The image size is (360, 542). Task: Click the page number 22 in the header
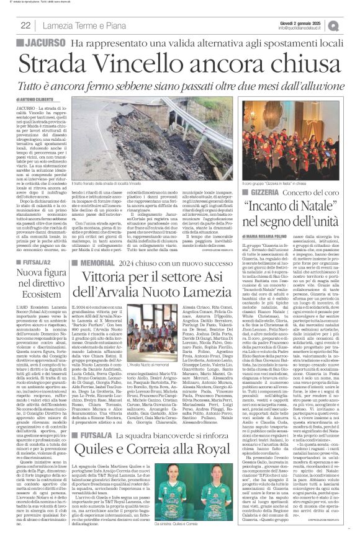[26, 25]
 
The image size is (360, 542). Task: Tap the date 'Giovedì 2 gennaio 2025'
[309, 22]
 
